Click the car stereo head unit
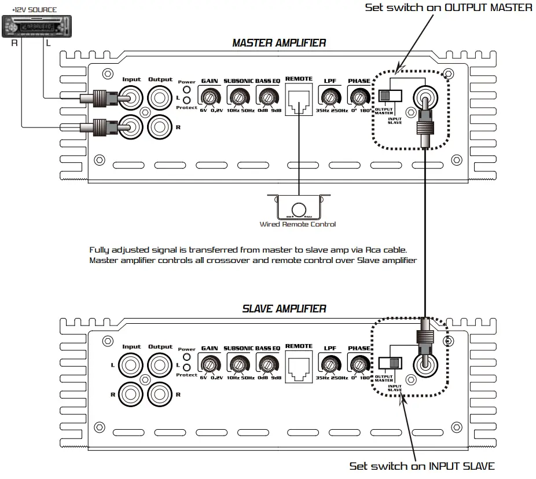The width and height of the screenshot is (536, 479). point(35,25)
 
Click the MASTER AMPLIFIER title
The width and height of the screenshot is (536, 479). point(278,43)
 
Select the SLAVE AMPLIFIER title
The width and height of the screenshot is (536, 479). point(284,309)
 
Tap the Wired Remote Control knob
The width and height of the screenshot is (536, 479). point(299,209)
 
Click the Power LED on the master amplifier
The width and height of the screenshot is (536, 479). point(186,89)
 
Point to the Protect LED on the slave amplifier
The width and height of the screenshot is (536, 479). point(186,367)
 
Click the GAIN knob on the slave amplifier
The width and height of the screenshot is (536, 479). point(209,363)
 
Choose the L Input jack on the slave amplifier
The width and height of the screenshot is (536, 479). point(131,365)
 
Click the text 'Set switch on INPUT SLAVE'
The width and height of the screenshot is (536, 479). point(422,466)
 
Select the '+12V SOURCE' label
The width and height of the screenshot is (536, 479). point(35,10)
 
